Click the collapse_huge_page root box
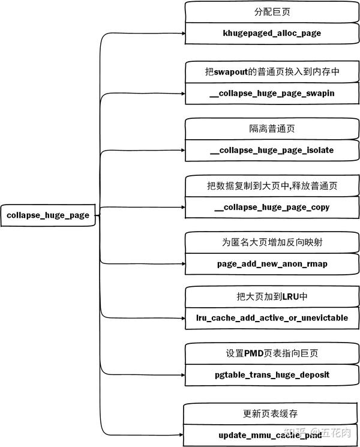click(x=48, y=215)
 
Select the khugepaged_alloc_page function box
click(x=272, y=33)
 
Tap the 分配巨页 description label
click(x=272, y=12)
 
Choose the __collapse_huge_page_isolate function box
click(x=272, y=150)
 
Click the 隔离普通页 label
click(x=272, y=129)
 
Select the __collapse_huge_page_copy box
click(x=272, y=208)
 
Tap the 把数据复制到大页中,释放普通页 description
click(x=272, y=187)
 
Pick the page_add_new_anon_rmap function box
click(x=272, y=263)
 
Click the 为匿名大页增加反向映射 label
click(x=272, y=242)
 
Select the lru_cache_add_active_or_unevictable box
click(x=272, y=317)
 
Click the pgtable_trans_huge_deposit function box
click(x=272, y=375)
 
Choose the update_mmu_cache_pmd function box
click(x=272, y=434)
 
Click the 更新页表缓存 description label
click(x=272, y=413)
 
